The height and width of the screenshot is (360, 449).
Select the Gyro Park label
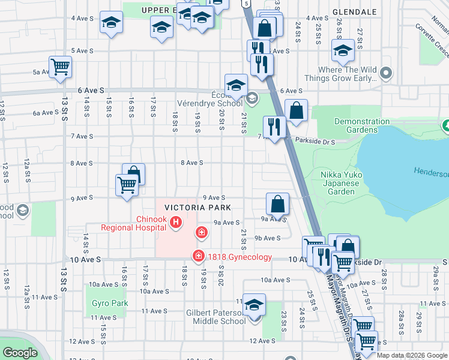tap(110, 304)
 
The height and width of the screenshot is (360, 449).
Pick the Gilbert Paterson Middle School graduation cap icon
tap(254, 306)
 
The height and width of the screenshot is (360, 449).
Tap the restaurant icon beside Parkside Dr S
tap(274, 126)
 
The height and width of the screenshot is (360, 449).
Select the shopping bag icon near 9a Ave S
tap(278, 204)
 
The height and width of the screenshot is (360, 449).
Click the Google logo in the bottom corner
tap(20, 353)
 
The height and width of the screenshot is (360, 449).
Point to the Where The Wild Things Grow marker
tap(386, 74)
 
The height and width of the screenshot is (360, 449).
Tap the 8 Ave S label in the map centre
tap(193, 163)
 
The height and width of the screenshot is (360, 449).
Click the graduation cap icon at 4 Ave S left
tap(110, 23)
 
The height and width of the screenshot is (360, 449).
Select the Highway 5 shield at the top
tap(247, 4)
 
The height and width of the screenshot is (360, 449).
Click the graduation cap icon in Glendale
tap(343, 52)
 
